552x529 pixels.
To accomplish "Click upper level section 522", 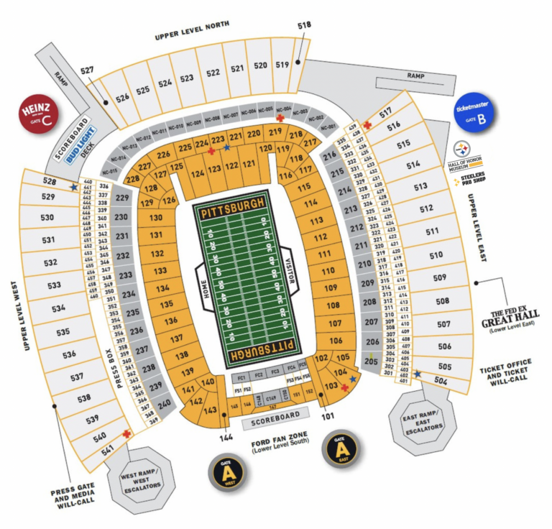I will click(213, 73).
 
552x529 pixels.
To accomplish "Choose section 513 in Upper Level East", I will click(420, 186).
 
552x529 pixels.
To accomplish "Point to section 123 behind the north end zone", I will click(214, 169).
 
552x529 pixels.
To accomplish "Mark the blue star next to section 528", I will click(74, 186).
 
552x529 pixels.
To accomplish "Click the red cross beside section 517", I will click(367, 125).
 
